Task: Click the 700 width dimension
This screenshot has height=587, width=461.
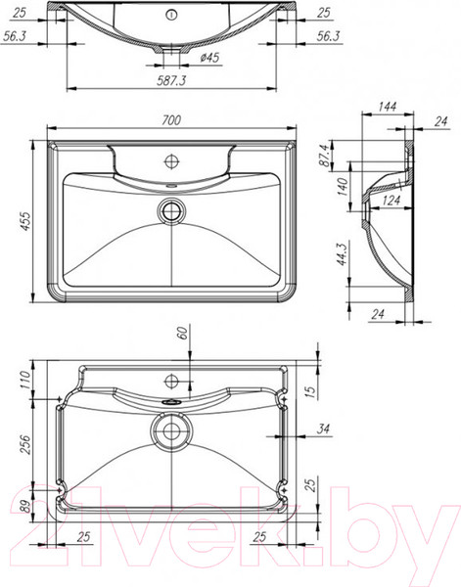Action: (172, 120)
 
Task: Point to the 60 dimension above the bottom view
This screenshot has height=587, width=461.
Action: (181, 334)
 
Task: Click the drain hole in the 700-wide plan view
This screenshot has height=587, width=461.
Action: (173, 207)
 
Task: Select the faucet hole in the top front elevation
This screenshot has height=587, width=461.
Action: (172, 15)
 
